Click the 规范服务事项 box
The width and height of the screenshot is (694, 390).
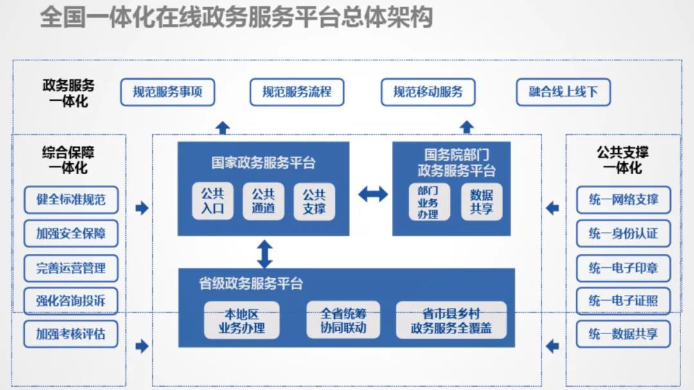[168, 93]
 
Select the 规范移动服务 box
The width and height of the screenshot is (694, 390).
[428, 93]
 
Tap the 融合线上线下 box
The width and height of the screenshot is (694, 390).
[563, 93]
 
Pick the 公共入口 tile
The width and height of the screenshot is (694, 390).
[213, 202]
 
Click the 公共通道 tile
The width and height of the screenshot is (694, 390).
[263, 202]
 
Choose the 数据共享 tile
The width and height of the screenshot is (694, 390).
[481, 202]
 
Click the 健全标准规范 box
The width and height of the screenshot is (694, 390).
[71, 200]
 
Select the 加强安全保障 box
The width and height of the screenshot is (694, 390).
[71, 233]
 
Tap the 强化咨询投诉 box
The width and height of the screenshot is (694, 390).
[71, 300]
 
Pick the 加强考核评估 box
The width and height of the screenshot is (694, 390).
[71, 334]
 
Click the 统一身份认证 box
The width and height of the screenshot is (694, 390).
[623, 233]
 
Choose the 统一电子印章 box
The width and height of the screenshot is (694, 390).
[623, 267]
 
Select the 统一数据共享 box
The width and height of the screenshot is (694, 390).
[623, 334]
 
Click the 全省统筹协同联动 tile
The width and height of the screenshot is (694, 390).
[343, 320]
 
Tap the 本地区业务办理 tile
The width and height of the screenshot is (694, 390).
[242, 320]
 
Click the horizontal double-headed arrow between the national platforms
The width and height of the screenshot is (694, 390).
[373, 193]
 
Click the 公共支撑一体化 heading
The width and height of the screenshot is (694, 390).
[622, 160]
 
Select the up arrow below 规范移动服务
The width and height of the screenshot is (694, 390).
[467, 127]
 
